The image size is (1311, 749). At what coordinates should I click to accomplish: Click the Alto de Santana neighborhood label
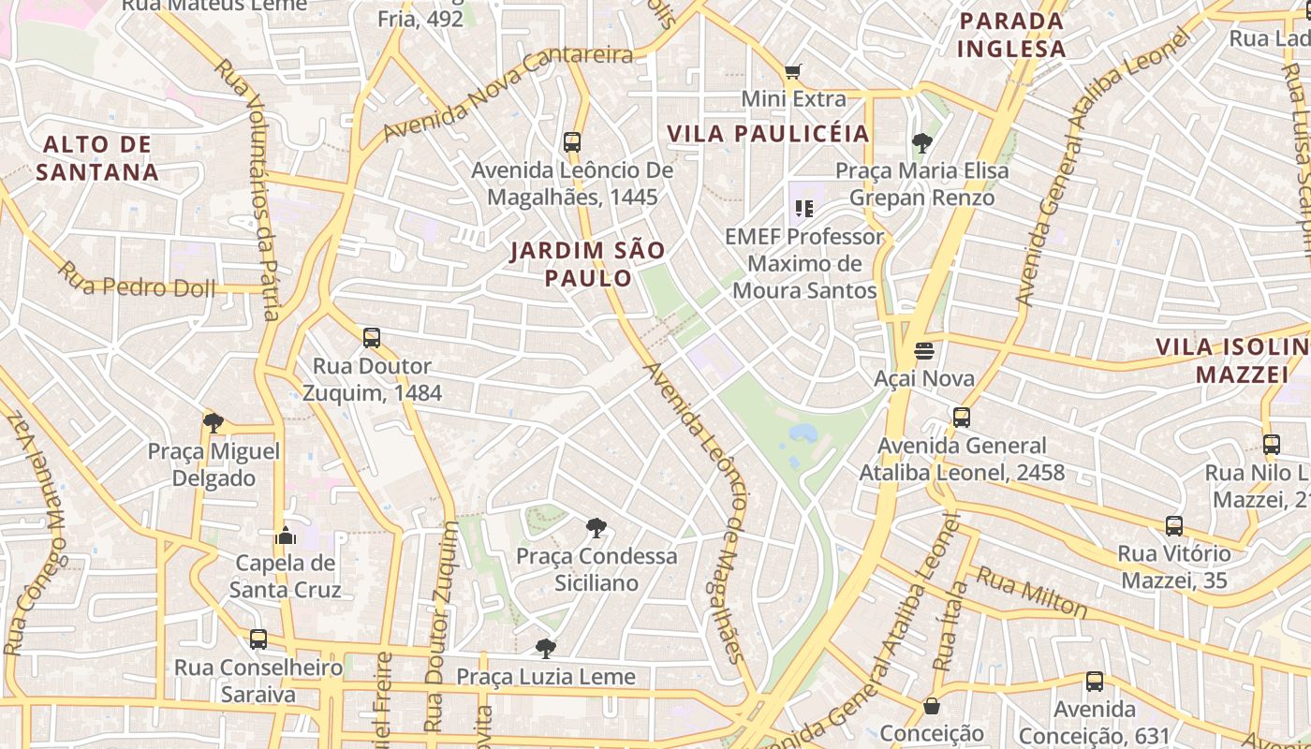pyautogui.click(x=97, y=158)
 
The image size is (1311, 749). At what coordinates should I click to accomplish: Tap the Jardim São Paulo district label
pyautogui.click(x=588, y=264)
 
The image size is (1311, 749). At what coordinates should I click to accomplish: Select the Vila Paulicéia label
pyautogui.click(x=769, y=134)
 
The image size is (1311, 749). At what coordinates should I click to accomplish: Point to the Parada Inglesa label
pyautogui.click(x=1012, y=35)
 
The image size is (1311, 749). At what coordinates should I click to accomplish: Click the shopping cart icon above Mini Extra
pyautogui.click(x=793, y=72)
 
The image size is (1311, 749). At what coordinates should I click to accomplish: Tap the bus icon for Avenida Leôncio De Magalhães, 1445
pyautogui.click(x=572, y=142)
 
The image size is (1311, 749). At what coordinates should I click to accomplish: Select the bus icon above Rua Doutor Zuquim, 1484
pyautogui.click(x=372, y=338)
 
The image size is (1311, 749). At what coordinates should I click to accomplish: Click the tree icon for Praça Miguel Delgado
pyautogui.click(x=214, y=423)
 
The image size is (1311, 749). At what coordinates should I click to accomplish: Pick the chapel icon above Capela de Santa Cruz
pyautogui.click(x=286, y=536)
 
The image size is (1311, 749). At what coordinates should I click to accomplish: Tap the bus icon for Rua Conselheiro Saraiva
pyautogui.click(x=258, y=639)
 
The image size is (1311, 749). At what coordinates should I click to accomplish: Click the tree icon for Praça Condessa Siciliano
pyautogui.click(x=596, y=528)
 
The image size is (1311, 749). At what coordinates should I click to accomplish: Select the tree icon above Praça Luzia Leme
pyautogui.click(x=545, y=648)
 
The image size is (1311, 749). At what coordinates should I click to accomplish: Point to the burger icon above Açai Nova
pyautogui.click(x=924, y=351)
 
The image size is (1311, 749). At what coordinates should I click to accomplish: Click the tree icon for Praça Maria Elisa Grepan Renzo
pyautogui.click(x=922, y=143)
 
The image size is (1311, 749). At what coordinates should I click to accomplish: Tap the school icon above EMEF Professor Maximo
pyautogui.click(x=803, y=208)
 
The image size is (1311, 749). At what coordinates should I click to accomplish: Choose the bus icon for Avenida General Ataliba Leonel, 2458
pyautogui.click(x=962, y=418)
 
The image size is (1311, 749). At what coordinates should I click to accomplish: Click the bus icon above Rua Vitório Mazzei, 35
pyautogui.click(x=1174, y=526)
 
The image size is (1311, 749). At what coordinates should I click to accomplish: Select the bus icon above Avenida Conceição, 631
pyautogui.click(x=1094, y=682)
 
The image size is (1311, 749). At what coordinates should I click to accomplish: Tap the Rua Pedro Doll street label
pyautogui.click(x=137, y=283)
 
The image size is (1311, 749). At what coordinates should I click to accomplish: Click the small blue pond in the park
pyautogui.click(x=803, y=433)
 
